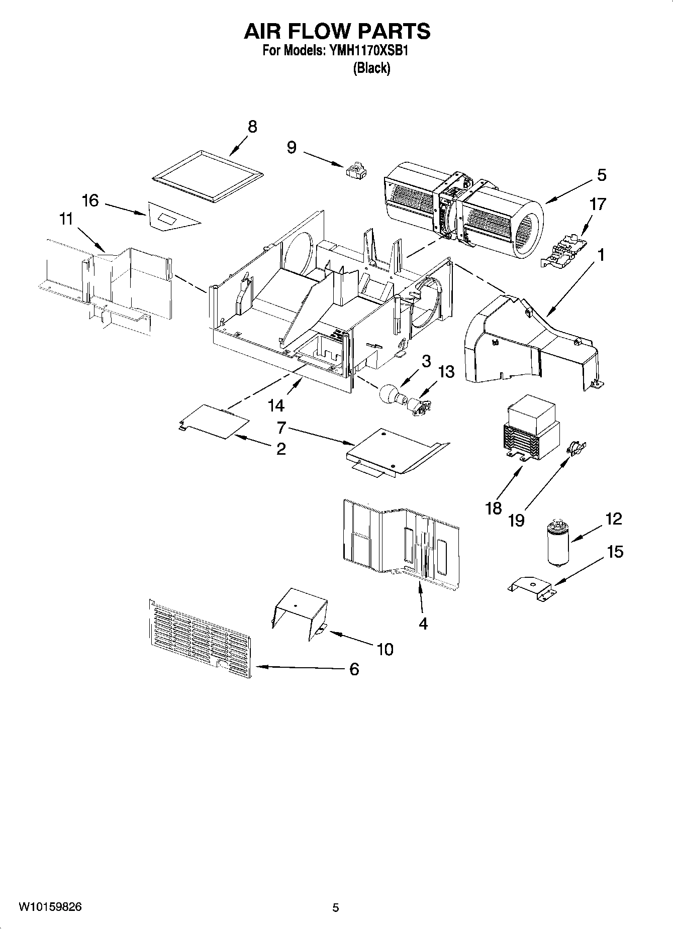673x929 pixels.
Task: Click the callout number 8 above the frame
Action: point(252,127)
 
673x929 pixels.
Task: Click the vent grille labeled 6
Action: point(200,637)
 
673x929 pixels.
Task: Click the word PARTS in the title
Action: point(387,31)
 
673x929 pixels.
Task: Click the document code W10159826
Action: point(50,907)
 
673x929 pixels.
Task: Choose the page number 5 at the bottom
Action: point(336,907)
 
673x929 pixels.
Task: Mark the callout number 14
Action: point(276,405)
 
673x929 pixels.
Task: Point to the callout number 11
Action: point(66,220)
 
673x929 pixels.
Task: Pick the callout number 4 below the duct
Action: point(423,624)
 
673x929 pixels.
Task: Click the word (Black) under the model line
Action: point(371,68)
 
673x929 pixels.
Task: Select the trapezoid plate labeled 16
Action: point(171,217)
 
